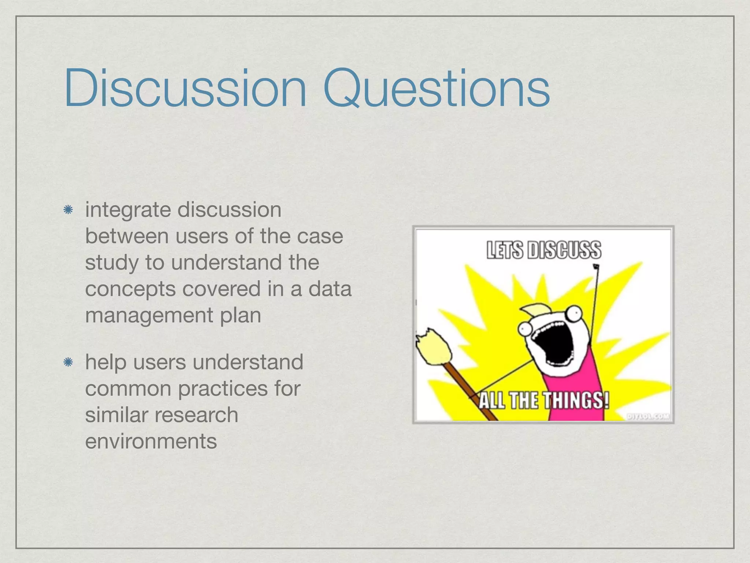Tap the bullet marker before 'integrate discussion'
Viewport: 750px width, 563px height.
pos(68,210)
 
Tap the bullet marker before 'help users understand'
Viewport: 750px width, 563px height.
pos(68,363)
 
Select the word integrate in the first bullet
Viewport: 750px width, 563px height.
pos(128,210)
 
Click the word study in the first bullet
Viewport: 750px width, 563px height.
pos(112,263)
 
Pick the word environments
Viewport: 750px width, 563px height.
pos(151,441)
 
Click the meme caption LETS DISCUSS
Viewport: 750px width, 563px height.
pos(543,250)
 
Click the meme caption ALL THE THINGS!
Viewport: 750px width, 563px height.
pos(543,400)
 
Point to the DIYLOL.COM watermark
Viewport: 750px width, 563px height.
pos(648,416)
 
